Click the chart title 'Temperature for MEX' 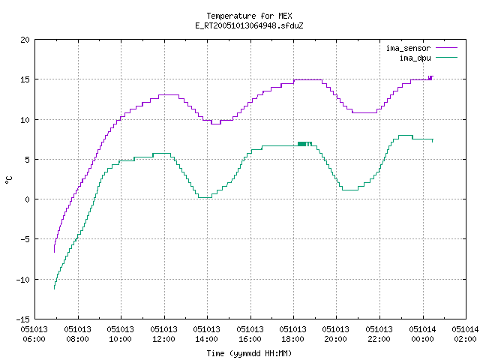[x=249, y=16]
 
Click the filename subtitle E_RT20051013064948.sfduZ [x=249, y=25]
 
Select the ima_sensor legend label [x=408, y=48]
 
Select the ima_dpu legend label [x=415, y=58]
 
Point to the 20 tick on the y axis [x=25, y=40]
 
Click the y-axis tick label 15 [x=25, y=79]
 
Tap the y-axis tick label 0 [x=27, y=199]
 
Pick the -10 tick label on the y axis [x=23, y=280]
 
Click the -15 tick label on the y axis [x=23, y=319]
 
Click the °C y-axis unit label [x=8, y=180]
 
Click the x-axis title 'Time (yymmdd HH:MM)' [x=249, y=353]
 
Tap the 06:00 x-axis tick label [x=34, y=339]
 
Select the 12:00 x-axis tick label [x=163, y=339]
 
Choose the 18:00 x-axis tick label [x=293, y=339]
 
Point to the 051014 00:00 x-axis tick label [x=422, y=334]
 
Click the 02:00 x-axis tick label [x=465, y=339]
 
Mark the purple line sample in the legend [x=446, y=48]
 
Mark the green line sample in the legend [x=446, y=58]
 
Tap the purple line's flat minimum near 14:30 [x=216, y=124]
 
